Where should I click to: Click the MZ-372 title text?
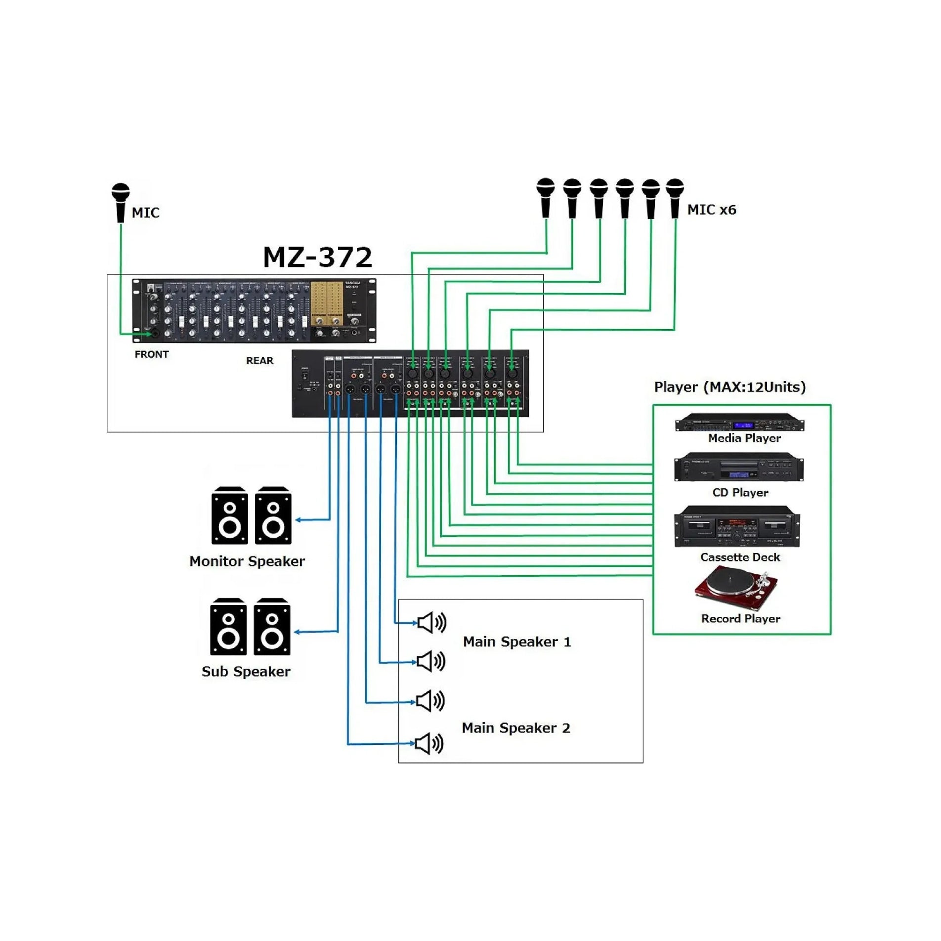317,257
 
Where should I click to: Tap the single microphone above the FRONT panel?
120,202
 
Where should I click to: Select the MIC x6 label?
711,210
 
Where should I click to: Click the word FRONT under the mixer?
151,354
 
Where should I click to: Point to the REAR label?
259,361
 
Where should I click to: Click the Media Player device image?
739,424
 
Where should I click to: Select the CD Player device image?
738,468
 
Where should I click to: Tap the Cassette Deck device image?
737,527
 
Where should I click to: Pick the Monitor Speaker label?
247,561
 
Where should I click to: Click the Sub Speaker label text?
246,672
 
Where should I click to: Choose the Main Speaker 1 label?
516,642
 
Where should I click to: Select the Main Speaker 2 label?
515,728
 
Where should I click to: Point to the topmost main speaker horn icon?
431,622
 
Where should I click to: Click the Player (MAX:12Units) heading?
729,387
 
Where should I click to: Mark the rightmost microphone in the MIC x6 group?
675,198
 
